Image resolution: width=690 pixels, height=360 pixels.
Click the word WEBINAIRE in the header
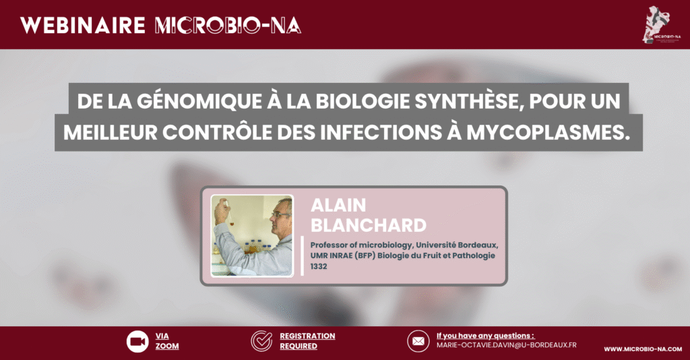click(x=83, y=26)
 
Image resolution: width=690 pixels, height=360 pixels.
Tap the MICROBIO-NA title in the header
click(x=228, y=26)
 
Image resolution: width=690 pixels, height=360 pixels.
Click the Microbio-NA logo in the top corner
click(x=660, y=25)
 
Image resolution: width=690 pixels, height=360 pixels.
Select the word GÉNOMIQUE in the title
click(x=199, y=101)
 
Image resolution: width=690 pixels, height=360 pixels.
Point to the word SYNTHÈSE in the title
click(x=469, y=101)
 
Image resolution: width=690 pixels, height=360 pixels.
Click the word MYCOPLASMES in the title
click(x=548, y=132)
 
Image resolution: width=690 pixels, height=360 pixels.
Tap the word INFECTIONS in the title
click(x=381, y=132)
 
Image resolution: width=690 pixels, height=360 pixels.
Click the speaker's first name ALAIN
click(x=338, y=206)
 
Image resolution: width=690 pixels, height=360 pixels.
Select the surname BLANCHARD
click(x=369, y=225)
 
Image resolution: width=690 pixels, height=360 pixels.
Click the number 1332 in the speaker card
click(x=319, y=266)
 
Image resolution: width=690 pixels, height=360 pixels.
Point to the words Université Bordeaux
click(x=458, y=245)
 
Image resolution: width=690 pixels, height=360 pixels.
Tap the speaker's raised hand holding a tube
click(x=221, y=210)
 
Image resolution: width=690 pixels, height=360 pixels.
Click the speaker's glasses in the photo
click(x=280, y=215)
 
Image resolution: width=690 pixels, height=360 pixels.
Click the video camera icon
click(x=137, y=341)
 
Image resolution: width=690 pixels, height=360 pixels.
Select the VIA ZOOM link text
click(x=167, y=341)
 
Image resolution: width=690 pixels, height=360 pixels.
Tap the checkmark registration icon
click(x=261, y=341)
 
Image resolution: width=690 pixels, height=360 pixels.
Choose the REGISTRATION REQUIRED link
click(x=307, y=341)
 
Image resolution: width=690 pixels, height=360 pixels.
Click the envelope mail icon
click(x=418, y=341)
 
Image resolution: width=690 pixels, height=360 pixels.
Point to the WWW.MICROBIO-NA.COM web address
click(x=643, y=349)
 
